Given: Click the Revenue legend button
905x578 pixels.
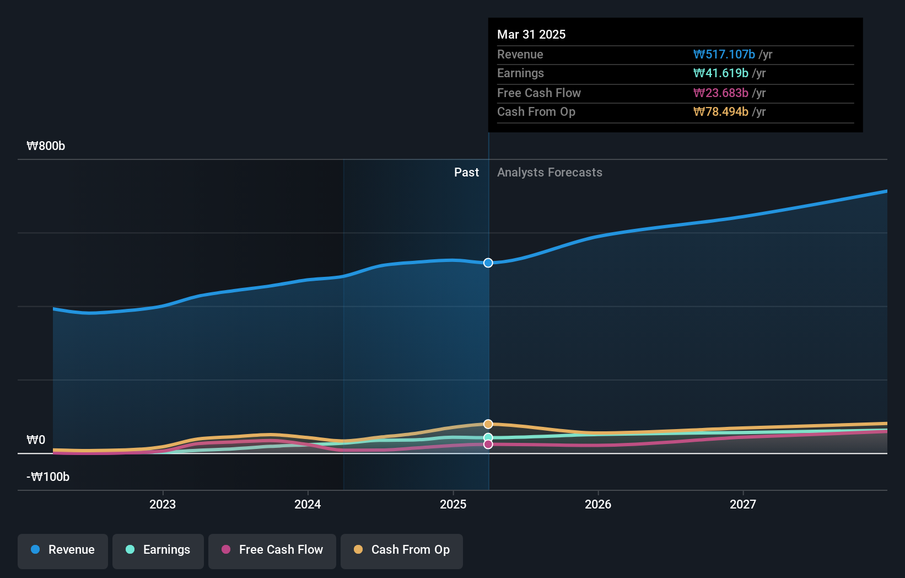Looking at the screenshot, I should coord(63,550).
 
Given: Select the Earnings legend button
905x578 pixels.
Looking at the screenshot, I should coord(158,550).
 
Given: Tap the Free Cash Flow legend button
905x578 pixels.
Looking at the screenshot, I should coord(272,550).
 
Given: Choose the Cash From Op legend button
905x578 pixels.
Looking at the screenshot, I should coord(402,550).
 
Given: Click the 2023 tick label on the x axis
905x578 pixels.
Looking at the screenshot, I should coord(163,504).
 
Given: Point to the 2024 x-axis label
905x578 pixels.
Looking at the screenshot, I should coord(308,504).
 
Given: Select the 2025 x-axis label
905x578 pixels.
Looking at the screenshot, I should coord(453,504).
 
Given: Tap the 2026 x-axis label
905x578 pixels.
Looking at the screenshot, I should coord(598,504).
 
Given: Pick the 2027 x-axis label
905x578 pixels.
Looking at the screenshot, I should coord(743,504).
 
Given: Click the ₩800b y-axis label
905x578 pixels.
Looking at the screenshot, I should coord(46,146).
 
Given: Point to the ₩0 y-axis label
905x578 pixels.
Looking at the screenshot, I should coord(36,440).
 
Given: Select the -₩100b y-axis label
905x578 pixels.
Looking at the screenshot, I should coord(48,477).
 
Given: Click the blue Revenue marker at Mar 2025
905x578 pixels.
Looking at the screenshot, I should coord(488,263).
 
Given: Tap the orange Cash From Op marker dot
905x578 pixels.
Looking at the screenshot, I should coord(488,424).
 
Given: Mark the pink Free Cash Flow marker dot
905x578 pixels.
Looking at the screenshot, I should coord(488,445).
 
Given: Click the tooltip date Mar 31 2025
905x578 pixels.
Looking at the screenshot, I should coord(531,34).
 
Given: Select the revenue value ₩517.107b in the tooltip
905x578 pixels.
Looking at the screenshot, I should coord(724,54).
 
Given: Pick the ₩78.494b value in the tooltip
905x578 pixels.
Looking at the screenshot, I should coord(720,112).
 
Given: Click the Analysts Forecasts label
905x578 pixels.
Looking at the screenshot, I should coord(550,173).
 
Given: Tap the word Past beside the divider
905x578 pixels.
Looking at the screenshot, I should coord(466,173).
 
